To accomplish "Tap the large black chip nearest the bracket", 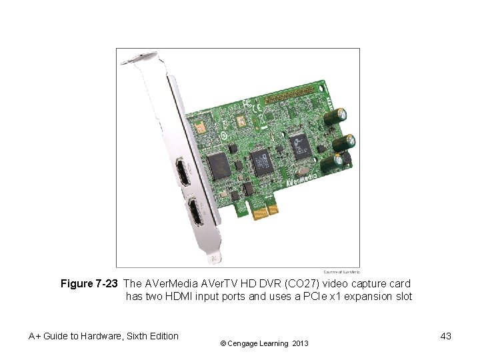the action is click(x=218, y=163).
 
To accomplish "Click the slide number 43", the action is click(x=445, y=336).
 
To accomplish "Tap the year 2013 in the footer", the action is click(x=299, y=343).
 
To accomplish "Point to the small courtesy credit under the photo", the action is click(x=341, y=271).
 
